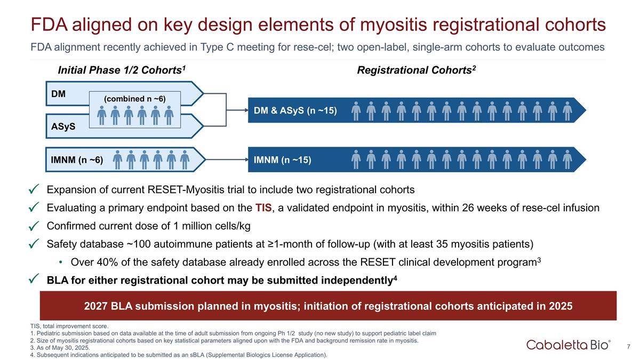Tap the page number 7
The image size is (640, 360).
coord(629,347)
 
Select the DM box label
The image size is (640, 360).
coord(59,94)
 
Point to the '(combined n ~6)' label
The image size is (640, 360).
coord(134,99)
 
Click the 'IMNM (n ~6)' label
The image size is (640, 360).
coord(77,159)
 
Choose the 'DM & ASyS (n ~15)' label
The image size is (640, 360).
coord(295,110)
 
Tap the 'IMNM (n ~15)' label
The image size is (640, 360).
coord(282,160)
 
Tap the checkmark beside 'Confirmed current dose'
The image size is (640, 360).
coord(34,226)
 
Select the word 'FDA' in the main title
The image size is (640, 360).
coord(53,25)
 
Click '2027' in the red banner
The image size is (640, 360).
coord(97,306)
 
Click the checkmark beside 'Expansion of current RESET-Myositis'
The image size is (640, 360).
coord(34,190)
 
